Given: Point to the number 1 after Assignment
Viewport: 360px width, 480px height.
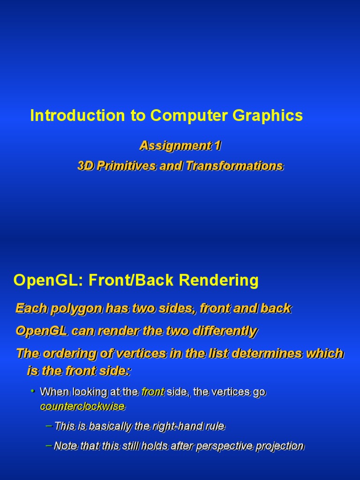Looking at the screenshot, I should [217, 146].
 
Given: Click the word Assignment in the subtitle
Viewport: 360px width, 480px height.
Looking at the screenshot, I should [175, 146].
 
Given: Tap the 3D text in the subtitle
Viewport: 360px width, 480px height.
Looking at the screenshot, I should [86, 166].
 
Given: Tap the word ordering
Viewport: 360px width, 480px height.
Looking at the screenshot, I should [66, 353].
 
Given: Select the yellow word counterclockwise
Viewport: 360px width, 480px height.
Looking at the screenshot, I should [82, 406].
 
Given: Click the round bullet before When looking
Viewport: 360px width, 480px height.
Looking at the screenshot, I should [33, 390].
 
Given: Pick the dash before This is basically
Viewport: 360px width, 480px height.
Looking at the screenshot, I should [49, 426].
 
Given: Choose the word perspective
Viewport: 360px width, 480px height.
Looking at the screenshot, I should [225, 446].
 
